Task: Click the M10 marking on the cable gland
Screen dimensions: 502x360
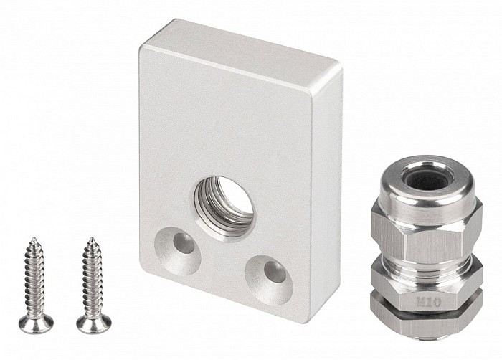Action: pos(429,302)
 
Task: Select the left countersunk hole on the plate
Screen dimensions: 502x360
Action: pos(178,252)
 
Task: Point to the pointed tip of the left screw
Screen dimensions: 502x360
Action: pos(33,237)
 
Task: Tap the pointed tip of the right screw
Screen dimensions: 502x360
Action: pos(92,237)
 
